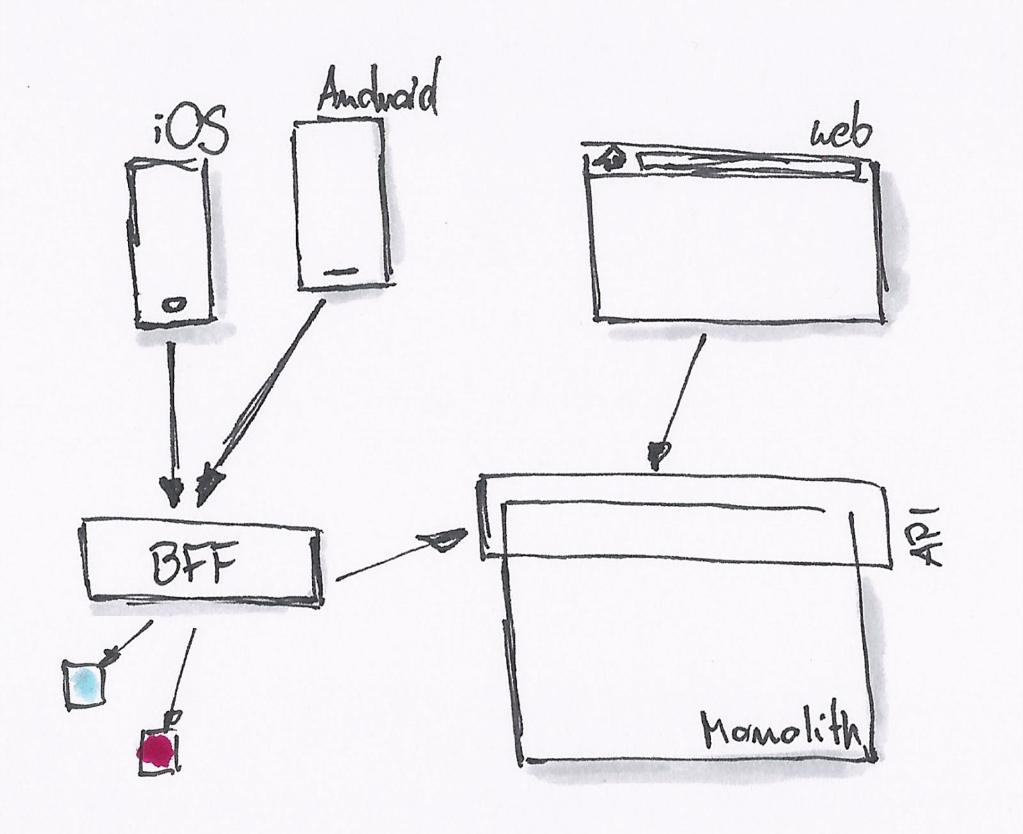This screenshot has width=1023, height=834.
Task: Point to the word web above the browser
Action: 840,134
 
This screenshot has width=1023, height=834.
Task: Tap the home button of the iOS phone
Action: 173,304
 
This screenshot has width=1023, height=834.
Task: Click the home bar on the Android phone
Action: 338,272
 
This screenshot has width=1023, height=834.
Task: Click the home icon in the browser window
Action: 611,158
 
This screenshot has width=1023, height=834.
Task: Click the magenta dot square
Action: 157,750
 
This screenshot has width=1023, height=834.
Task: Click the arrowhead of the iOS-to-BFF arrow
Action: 173,492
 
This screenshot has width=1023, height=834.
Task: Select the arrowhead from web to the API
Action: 658,453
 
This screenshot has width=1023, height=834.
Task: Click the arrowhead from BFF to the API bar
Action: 444,539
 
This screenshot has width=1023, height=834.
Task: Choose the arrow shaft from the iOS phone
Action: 172,409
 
